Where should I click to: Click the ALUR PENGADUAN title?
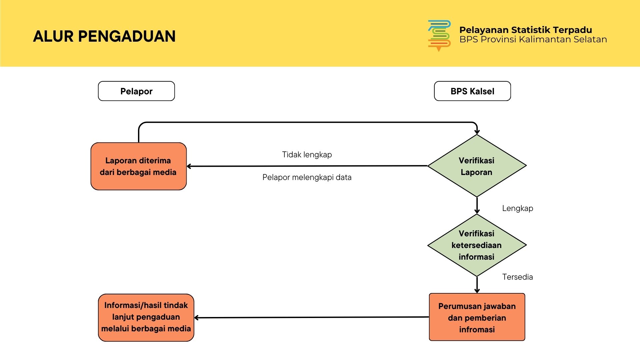point(104,36)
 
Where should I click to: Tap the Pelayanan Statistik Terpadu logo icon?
point(439,35)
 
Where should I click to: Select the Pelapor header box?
point(136,91)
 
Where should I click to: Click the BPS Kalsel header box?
point(472,91)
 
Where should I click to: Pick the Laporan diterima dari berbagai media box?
point(138,166)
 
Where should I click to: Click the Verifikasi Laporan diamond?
point(477,166)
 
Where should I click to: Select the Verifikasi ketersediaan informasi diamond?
point(477,245)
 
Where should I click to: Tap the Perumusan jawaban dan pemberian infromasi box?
point(477,317)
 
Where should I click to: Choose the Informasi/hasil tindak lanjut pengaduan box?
point(146,317)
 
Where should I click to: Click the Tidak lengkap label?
point(307,155)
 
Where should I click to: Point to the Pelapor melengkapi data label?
point(307,177)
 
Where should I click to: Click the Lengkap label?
point(517,208)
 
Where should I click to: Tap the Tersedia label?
point(517,277)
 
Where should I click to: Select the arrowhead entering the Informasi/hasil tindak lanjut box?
point(197,318)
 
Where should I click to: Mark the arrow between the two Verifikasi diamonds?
point(477,205)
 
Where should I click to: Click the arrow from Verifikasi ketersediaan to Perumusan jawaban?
point(477,285)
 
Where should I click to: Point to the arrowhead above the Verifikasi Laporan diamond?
point(477,132)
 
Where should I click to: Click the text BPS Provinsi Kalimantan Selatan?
point(533,40)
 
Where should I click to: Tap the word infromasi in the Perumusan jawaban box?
point(477,330)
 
